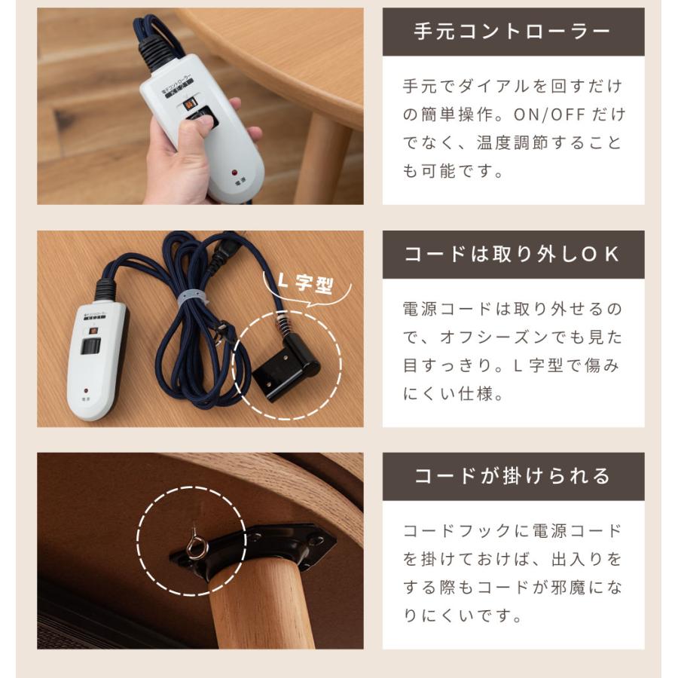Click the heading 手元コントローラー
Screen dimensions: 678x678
click(513, 32)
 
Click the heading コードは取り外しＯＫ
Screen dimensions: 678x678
click(513, 255)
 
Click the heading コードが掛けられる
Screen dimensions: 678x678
click(513, 476)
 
